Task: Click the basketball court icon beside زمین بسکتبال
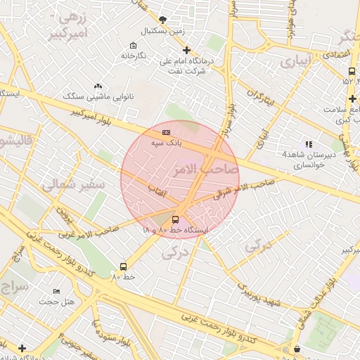163,20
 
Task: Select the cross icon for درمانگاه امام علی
186,50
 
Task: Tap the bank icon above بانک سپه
166,131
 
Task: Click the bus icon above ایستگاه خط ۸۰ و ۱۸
175,219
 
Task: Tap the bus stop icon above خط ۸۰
123,266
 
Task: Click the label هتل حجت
56,302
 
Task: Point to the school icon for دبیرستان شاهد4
309,144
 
